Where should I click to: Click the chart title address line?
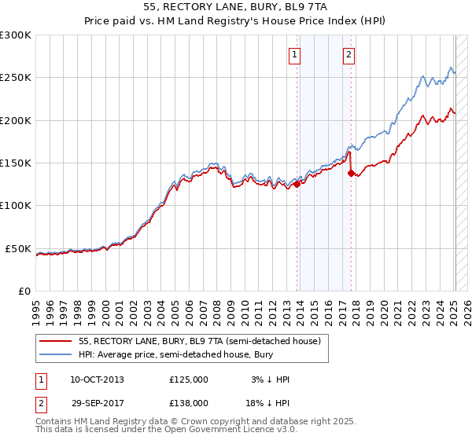[x=236, y=7]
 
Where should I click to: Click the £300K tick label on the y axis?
[x=16, y=35]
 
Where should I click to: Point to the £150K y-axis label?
[x=16, y=163]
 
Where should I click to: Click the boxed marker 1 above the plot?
[x=294, y=55]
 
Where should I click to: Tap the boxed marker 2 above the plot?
[x=348, y=55]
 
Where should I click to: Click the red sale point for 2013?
[x=297, y=185]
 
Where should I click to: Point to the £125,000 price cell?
[x=189, y=379]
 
